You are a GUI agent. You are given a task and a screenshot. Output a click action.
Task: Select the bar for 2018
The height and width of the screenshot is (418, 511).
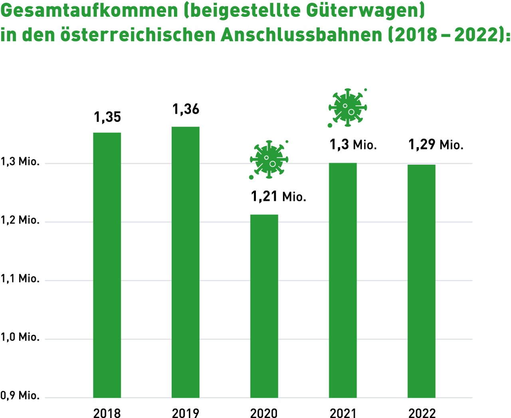[x=107, y=265]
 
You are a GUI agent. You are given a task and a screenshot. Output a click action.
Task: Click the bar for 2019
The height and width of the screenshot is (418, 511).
[x=186, y=262]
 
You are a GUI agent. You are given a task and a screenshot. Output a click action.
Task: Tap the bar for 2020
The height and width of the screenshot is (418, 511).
[x=264, y=306]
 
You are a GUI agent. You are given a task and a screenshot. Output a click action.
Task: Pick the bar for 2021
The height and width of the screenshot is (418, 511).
[x=343, y=280]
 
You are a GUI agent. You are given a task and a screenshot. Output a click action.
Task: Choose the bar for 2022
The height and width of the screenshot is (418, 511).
[x=422, y=281]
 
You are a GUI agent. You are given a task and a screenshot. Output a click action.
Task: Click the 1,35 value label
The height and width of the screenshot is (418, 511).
[x=107, y=117]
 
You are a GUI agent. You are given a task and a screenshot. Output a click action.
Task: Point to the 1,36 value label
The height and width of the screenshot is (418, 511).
[x=186, y=109]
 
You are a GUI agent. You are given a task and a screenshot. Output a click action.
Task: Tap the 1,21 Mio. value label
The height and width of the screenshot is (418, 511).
[x=278, y=197]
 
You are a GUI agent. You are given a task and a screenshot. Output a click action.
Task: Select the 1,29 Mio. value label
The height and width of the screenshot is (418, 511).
[x=436, y=145]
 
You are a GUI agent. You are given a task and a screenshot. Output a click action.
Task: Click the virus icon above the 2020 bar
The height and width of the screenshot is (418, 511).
[x=269, y=159]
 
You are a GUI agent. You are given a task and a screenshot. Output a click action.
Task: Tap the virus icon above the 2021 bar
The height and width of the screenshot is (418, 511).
[x=347, y=107]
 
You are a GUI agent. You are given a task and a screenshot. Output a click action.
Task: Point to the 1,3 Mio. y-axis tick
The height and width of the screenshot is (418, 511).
[x=20, y=162]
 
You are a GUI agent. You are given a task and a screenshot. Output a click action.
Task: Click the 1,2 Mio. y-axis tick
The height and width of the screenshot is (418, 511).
[x=20, y=220]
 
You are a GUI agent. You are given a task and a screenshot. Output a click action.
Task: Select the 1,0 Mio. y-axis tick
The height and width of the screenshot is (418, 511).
[x=20, y=337]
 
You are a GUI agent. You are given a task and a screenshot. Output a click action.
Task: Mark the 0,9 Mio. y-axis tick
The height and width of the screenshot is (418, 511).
[x=20, y=396]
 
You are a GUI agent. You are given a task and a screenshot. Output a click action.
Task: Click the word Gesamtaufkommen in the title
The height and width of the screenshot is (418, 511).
[x=89, y=11]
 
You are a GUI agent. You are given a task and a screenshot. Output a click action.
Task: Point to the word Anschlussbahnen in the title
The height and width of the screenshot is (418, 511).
[x=301, y=35]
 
